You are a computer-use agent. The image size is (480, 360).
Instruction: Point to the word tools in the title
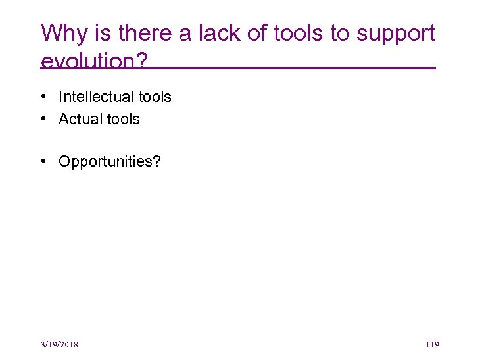[x=304, y=33]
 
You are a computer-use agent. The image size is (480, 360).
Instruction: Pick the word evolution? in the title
[x=94, y=61]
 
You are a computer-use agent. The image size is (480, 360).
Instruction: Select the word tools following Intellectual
[x=155, y=97]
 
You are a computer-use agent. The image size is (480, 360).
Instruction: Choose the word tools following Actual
[x=124, y=119]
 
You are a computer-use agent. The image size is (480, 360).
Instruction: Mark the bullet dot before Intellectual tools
[x=42, y=97]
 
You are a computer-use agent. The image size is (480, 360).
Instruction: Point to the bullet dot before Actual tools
[x=42, y=119]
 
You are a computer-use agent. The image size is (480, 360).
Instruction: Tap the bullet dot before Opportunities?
[x=42, y=162]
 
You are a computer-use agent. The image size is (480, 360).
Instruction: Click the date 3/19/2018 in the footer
[x=59, y=345]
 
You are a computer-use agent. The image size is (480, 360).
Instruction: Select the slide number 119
[x=432, y=345]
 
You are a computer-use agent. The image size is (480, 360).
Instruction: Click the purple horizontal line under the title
[x=296, y=68]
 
